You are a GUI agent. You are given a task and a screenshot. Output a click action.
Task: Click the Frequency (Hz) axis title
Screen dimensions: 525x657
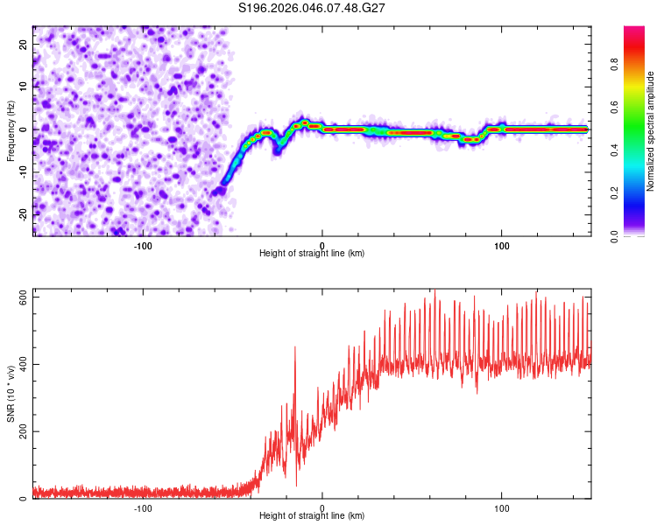[x=11, y=130]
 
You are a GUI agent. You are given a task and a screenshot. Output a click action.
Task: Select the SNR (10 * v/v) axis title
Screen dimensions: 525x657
[x=11, y=393]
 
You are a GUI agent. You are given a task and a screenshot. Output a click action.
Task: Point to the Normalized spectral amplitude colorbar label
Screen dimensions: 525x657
[x=651, y=131]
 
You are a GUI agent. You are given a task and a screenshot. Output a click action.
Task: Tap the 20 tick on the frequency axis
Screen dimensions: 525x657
[x=24, y=44]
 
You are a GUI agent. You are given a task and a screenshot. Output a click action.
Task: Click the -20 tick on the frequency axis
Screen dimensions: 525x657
[x=22, y=214]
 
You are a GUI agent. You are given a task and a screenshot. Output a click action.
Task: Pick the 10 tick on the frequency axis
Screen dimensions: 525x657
[x=24, y=87]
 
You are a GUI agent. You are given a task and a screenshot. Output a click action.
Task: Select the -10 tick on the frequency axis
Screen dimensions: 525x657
[x=22, y=172]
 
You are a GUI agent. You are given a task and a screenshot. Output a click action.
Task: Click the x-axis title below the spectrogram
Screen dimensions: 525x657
[x=312, y=254]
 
